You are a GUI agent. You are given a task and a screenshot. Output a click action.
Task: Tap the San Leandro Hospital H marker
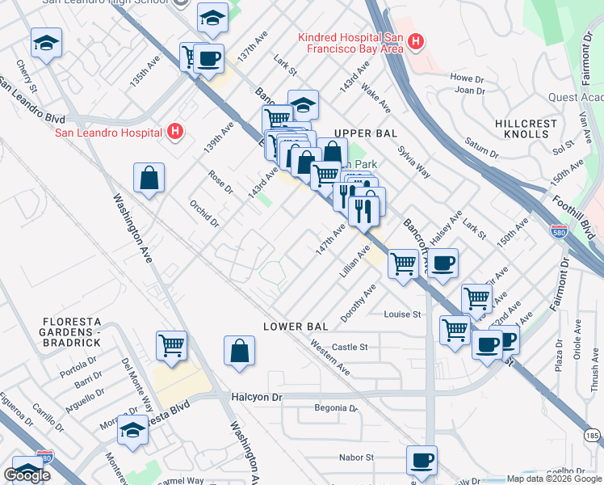tap(175, 132)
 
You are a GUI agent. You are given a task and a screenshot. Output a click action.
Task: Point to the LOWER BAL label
tap(296, 327)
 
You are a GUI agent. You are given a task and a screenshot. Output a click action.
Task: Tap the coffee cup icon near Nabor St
tap(422, 460)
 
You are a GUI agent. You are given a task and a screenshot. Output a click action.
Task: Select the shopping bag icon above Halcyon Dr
tap(240, 352)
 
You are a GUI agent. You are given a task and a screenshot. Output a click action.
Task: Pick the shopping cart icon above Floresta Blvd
tap(172, 346)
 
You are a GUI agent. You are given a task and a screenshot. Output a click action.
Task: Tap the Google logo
tap(27, 475)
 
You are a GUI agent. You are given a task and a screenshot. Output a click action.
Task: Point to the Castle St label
tap(350, 347)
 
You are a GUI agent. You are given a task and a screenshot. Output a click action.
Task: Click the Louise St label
tap(403, 314)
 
